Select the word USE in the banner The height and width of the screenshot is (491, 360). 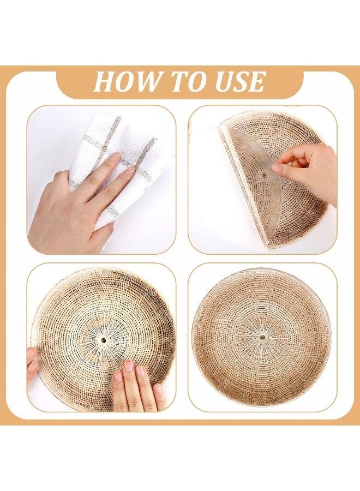[239, 81]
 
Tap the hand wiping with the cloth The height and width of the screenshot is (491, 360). [78, 203]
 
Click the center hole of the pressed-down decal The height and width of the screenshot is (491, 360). [103, 340]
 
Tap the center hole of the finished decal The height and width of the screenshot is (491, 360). [262, 337]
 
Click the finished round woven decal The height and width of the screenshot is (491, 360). [261, 337]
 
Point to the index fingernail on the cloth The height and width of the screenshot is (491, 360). [115, 157]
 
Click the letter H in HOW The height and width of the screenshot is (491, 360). [104, 82]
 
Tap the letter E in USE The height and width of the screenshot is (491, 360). [256, 82]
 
